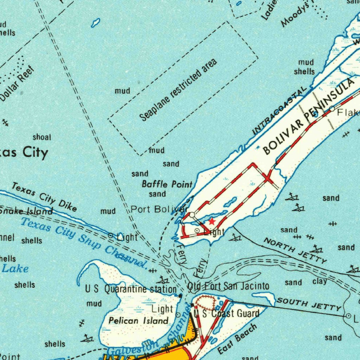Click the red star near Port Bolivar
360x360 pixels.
(x=212, y=221)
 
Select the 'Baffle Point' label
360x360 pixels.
(x=167, y=184)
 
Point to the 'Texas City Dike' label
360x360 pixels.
(x=44, y=197)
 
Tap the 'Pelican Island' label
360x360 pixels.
(x=139, y=321)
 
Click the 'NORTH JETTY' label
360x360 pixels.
(x=296, y=250)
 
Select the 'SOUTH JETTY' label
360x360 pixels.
(x=309, y=304)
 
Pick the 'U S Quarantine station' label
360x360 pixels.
(x=131, y=289)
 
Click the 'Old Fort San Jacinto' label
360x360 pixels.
(x=228, y=286)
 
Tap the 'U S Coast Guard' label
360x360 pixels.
(x=226, y=313)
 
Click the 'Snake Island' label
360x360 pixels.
(x=26, y=211)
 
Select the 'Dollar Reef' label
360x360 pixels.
(x=17, y=84)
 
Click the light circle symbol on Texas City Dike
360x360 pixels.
(x=111, y=235)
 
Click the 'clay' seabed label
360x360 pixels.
(x=320, y=281)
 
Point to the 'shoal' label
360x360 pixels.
(x=42, y=137)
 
